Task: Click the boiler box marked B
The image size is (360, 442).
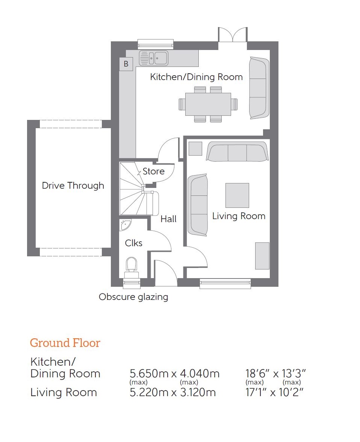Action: (126, 64)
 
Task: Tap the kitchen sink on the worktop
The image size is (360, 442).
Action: (154, 58)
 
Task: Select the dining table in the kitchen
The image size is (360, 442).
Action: (208, 104)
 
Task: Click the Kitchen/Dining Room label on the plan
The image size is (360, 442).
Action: (196, 77)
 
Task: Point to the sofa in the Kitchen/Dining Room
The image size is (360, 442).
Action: (259, 88)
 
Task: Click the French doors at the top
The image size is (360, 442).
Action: (233, 35)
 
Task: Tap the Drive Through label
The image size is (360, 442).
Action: (73, 186)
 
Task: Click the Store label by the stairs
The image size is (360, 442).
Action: (153, 171)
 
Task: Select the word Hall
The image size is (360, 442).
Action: (168, 219)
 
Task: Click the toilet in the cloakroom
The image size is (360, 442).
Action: (132, 268)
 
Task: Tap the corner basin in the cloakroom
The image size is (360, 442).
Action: (125, 225)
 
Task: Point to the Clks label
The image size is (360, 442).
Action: (134, 243)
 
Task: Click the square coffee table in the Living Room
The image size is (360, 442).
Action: (237, 195)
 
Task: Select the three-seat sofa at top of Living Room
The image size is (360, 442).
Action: (237, 151)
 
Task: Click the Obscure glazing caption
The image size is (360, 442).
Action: (133, 297)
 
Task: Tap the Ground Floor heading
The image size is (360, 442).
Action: (65, 343)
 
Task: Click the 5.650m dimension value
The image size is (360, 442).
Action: (149, 374)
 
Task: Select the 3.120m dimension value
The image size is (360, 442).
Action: (198, 392)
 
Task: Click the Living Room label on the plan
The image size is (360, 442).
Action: (239, 216)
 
